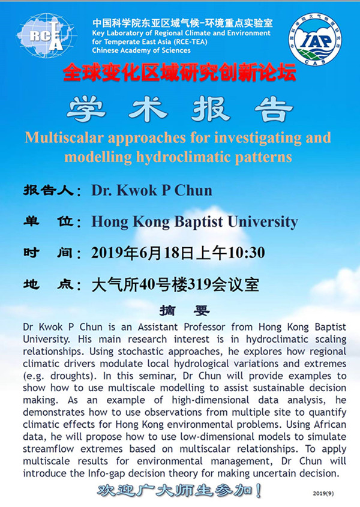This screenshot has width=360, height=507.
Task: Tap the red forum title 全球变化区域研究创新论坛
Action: point(180,75)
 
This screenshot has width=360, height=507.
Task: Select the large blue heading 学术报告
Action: point(180,109)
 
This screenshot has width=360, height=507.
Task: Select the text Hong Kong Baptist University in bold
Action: point(194,221)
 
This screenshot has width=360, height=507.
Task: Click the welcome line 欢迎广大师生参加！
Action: point(180,490)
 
